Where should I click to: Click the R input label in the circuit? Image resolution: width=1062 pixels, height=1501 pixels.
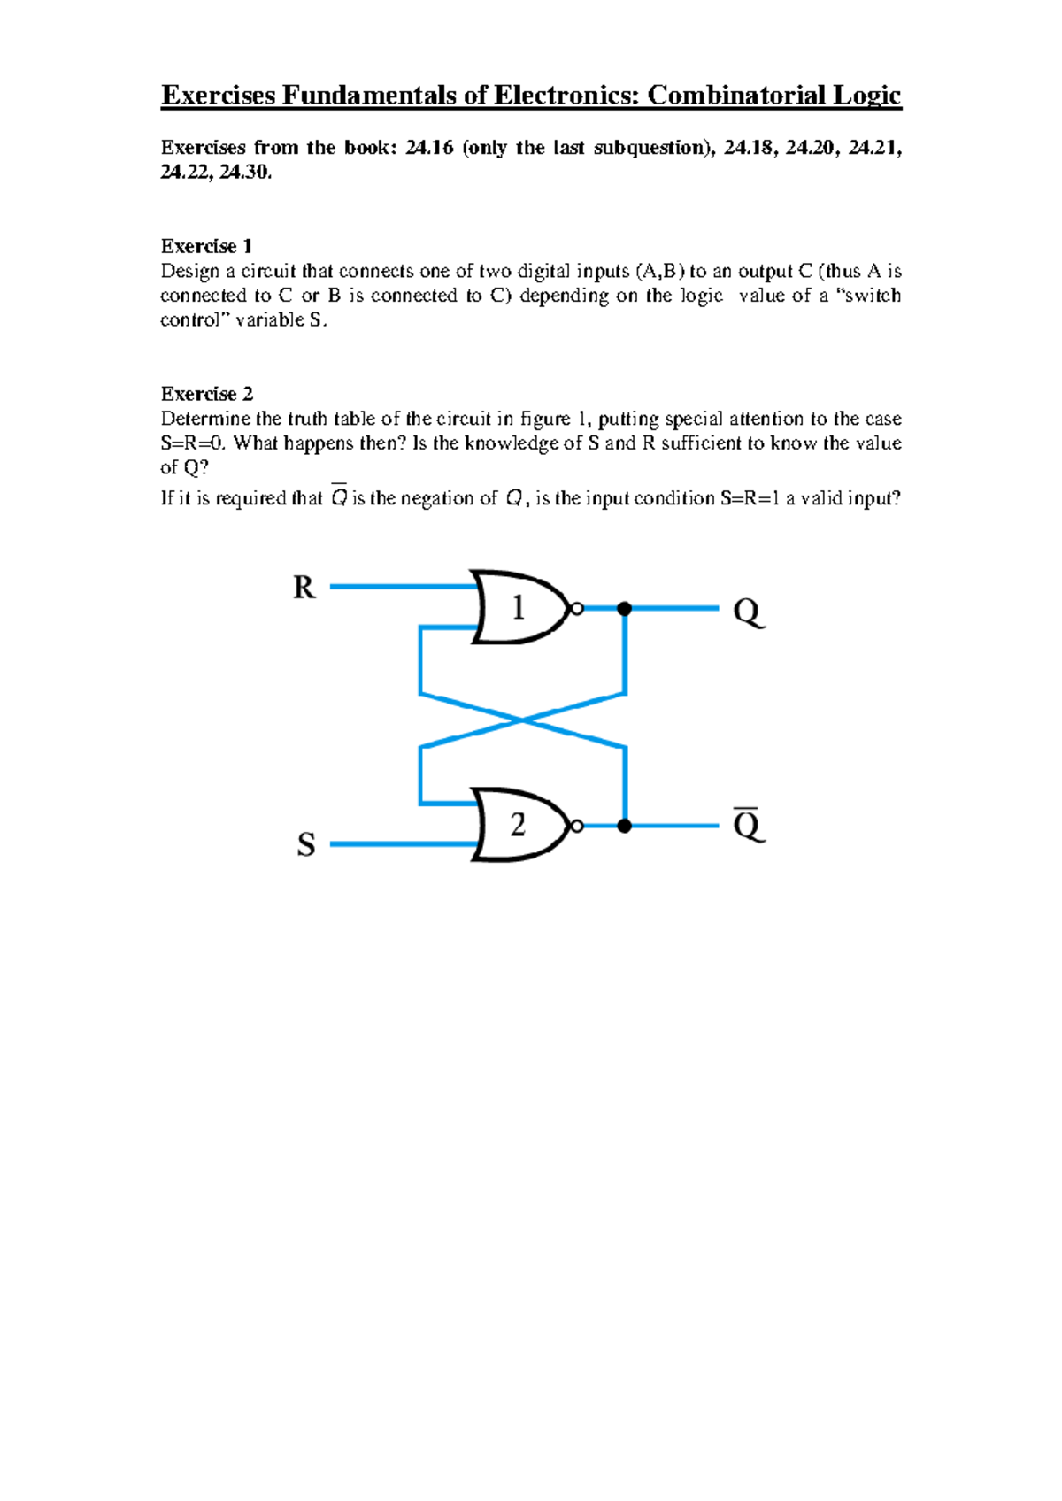[304, 587]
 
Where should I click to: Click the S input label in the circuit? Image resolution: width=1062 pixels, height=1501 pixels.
[306, 844]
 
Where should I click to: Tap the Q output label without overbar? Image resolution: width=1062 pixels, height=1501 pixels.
[748, 612]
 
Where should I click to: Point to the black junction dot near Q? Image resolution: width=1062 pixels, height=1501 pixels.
[624, 608]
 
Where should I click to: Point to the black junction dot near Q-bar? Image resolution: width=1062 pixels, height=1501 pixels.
[624, 826]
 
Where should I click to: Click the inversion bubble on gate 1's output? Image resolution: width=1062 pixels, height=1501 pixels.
[577, 608]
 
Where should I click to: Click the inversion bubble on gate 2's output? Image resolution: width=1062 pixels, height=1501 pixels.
[577, 826]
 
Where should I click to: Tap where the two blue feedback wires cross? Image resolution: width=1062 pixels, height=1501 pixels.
[523, 720]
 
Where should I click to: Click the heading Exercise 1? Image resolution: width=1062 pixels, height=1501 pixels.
[206, 246]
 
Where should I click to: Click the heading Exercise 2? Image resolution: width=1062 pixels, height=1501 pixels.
[206, 394]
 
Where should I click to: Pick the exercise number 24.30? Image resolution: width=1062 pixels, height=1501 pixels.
[243, 173]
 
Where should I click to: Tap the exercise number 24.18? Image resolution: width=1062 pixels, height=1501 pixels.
[749, 148]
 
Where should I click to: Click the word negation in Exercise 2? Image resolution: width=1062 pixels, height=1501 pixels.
[439, 499]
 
